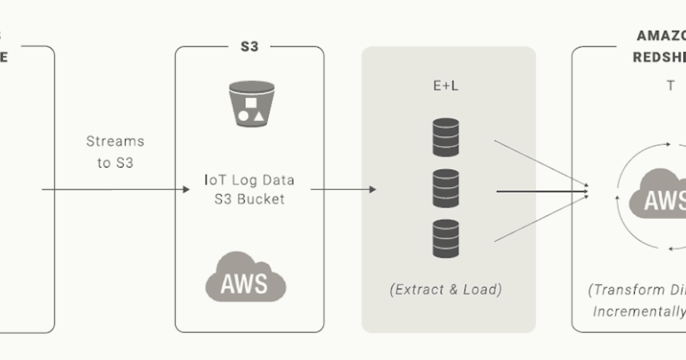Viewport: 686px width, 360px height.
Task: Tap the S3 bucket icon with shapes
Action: pos(251,103)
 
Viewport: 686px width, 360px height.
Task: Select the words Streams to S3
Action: pos(115,151)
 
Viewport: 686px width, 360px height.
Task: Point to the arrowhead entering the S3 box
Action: pos(186,189)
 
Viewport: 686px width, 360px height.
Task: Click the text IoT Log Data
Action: pos(249,181)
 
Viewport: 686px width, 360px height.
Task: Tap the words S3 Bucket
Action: pos(249,200)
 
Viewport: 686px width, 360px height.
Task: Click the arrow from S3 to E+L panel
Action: pos(343,189)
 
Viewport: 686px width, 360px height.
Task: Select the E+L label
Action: pos(445,86)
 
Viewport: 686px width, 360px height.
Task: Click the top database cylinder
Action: pos(446,137)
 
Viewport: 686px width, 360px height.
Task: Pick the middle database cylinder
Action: pos(446,188)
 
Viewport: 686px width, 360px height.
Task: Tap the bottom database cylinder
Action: pos(446,238)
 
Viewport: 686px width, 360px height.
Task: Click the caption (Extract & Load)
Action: pos(446,290)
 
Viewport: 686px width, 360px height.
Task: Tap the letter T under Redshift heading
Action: pos(670,86)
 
